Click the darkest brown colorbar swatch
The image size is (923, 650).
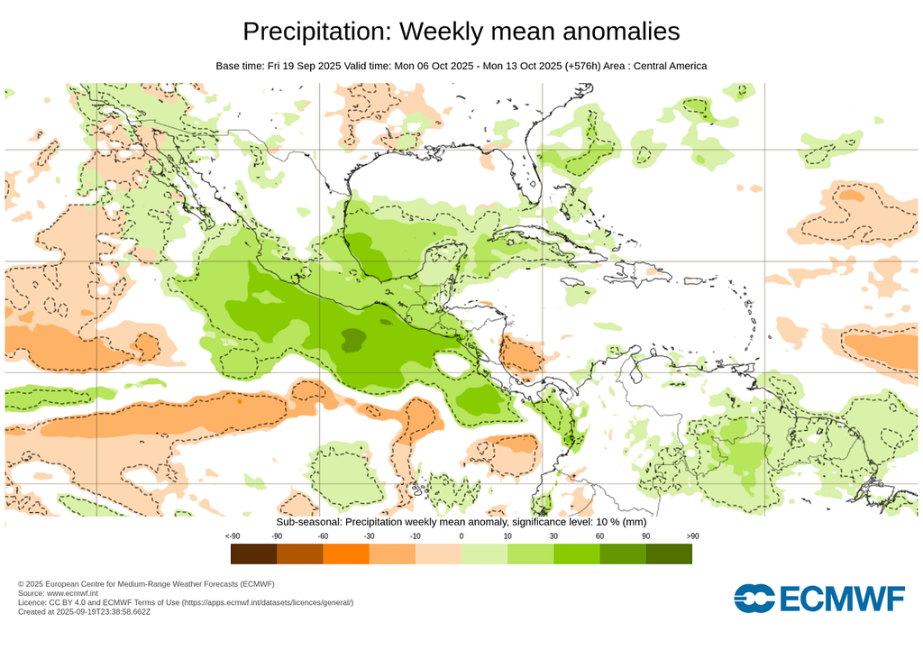[x=253, y=554]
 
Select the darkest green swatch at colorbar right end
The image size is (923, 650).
[x=669, y=554]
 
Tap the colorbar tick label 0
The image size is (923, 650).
[x=461, y=536]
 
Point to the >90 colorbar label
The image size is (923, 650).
[x=691, y=536]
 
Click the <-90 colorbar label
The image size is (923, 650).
[x=232, y=536]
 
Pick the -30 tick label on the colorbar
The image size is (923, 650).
[x=369, y=536]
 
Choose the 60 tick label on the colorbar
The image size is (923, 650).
[x=599, y=536]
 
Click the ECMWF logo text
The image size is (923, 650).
[x=842, y=598]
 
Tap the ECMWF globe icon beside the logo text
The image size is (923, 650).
[x=754, y=598]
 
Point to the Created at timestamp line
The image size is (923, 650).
[x=84, y=611]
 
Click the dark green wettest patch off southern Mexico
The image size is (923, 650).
[x=352, y=340]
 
